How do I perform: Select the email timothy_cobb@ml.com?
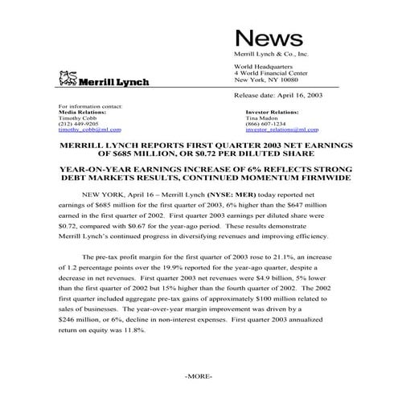pos(90,129)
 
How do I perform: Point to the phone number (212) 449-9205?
pos(79,123)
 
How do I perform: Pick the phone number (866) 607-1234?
pos(263,123)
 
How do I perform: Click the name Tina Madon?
pos(260,117)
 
